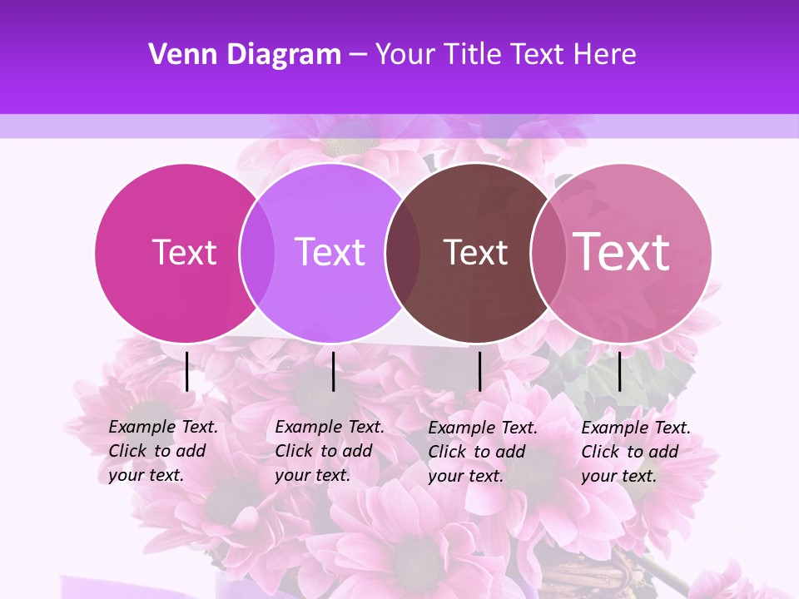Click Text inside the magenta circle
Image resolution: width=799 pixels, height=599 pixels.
pos(184,252)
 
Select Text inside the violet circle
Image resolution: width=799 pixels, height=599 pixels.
pos(330,252)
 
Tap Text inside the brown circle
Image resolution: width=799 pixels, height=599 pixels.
pos(475,253)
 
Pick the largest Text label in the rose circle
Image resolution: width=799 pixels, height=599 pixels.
pos(622,251)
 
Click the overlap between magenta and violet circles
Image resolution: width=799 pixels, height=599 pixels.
pos(257,252)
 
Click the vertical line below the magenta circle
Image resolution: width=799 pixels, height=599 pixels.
pos(187,371)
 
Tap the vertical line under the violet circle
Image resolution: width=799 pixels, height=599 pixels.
pos(333,371)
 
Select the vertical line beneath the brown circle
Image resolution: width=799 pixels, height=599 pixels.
pos(480,371)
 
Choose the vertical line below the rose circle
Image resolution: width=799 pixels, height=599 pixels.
pos(619,371)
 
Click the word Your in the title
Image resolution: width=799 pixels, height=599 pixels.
pos(404,54)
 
